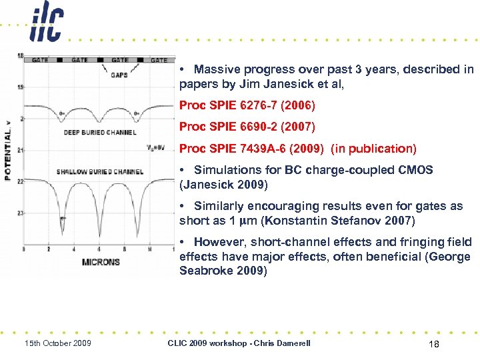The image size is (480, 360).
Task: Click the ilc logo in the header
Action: point(46,23)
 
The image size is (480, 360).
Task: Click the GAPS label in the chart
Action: point(119,75)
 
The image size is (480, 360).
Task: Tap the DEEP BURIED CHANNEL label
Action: point(100,132)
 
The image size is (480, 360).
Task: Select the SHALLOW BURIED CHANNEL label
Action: point(99,172)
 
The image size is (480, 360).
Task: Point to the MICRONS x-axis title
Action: point(101,262)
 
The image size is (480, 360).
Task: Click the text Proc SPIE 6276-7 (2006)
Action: point(247,105)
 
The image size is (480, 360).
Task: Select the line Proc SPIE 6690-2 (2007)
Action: point(247,127)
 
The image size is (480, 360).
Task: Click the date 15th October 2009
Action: point(58,343)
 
